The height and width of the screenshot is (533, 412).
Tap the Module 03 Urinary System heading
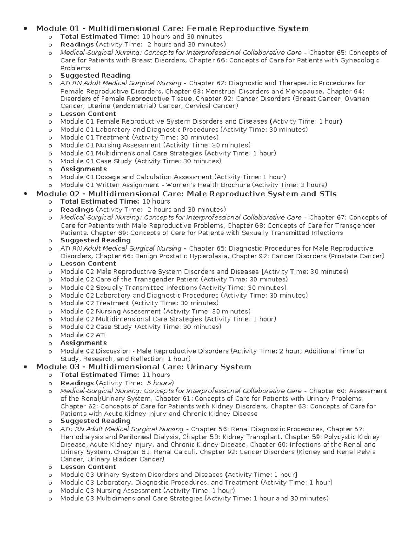(144, 367)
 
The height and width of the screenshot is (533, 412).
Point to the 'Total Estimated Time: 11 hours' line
(115, 375)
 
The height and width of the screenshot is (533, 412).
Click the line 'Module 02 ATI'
(83, 335)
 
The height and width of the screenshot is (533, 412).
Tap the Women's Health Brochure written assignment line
(194, 185)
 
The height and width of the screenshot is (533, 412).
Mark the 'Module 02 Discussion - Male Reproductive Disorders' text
(145, 351)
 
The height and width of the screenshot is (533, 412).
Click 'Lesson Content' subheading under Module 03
(88, 467)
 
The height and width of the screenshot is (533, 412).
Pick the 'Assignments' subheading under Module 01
(83, 169)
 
